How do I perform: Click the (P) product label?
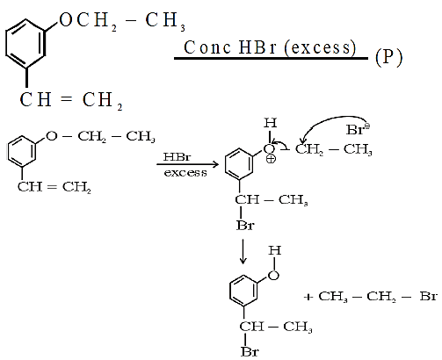click(x=388, y=57)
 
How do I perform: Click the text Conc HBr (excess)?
click(x=270, y=47)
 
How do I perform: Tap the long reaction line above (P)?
click(x=271, y=59)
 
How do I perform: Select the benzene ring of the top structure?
click(x=25, y=43)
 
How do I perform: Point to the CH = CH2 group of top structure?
click(x=71, y=100)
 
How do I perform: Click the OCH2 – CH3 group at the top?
click(x=122, y=21)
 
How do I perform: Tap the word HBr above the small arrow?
click(x=178, y=156)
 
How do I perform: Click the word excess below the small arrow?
click(x=185, y=173)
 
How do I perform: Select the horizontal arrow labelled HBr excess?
click(x=187, y=164)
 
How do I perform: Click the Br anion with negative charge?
click(x=358, y=129)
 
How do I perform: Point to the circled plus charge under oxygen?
click(x=271, y=159)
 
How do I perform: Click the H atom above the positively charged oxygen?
click(x=270, y=123)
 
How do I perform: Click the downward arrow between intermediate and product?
click(x=243, y=252)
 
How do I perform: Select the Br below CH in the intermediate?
click(x=245, y=226)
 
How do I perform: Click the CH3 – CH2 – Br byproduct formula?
click(x=378, y=297)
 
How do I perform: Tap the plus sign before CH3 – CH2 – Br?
click(x=308, y=298)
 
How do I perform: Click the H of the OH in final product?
click(x=275, y=250)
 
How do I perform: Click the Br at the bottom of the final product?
click(x=250, y=351)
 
